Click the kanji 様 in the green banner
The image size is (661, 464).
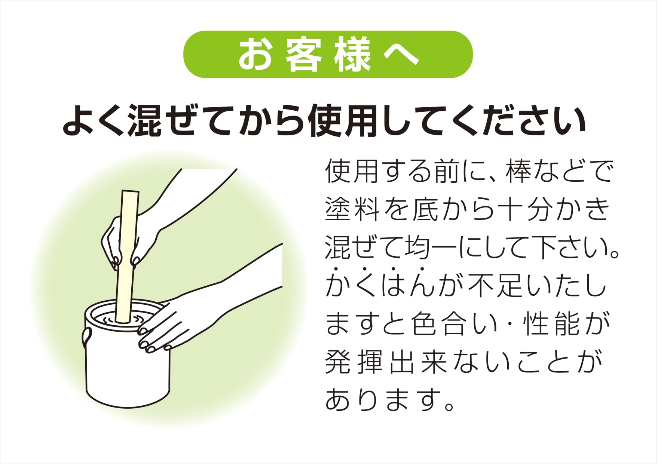coord(352,55)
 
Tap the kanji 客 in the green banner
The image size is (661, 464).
coord(303,55)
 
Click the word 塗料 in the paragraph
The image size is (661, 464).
coord(351,209)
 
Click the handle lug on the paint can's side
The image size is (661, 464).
coord(86,336)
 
